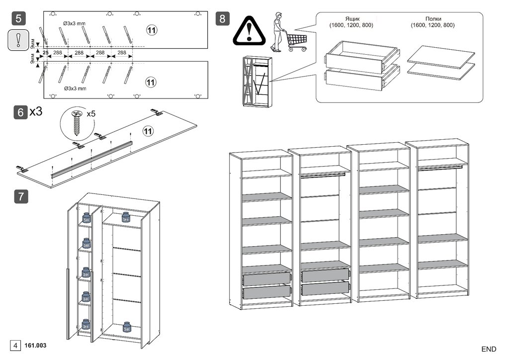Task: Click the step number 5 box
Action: click(18, 19)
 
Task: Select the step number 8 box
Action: click(222, 19)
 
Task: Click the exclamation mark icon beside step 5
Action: click(18, 39)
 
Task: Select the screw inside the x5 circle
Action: click(77, 123)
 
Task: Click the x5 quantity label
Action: click(91, 114)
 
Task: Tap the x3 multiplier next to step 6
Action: click(36, 111)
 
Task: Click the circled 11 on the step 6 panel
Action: click(147, 131)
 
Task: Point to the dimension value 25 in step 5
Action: click(45, 52)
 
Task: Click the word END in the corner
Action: click(489, 349)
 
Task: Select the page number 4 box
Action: click(15, 345)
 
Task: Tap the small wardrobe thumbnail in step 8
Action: click(255, 81)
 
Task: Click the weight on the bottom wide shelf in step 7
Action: click(127, 327)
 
